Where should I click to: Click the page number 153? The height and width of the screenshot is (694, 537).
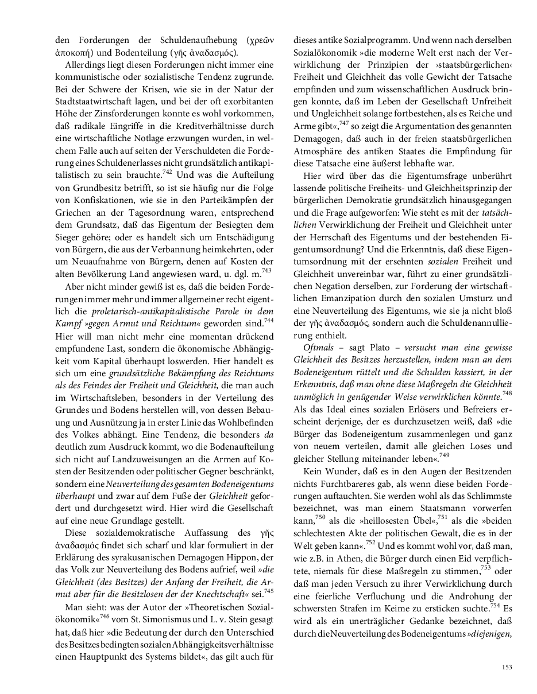507,666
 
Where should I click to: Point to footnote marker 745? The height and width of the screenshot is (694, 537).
269,589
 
